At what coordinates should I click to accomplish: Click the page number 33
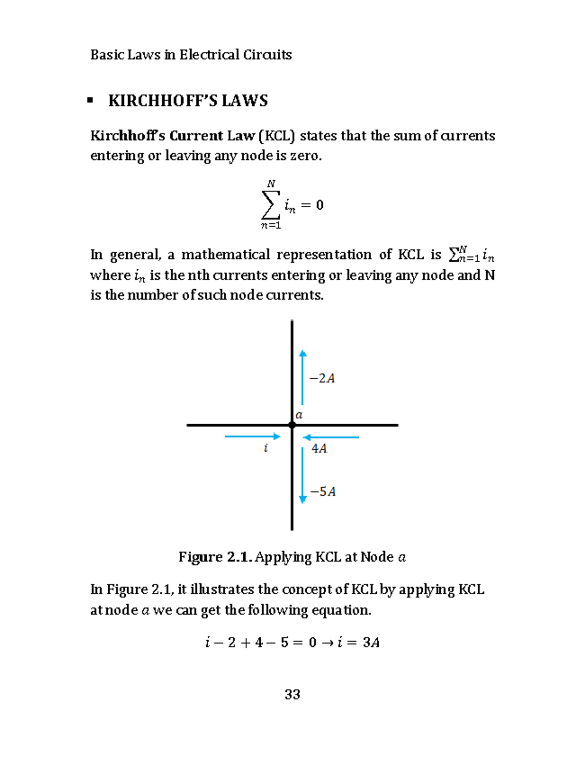292,694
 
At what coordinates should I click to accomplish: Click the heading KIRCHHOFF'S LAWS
188,101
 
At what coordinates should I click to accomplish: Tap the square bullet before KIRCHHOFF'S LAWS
90,100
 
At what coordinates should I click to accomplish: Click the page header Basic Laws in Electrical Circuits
191,55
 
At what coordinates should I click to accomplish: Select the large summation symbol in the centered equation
271,205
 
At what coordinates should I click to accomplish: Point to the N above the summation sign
272,184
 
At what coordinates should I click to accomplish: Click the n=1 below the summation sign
271,225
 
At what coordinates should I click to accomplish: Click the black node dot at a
292,425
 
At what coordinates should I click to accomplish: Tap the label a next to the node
299,415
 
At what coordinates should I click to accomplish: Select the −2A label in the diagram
322,378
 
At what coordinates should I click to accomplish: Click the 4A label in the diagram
319,449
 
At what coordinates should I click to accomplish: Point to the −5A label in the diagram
322,491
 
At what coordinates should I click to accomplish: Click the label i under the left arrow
266,448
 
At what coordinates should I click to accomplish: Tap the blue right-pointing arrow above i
253,436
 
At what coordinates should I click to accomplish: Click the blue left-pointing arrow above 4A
331,437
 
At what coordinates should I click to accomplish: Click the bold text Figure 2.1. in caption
215,557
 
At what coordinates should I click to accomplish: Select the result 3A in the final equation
371,643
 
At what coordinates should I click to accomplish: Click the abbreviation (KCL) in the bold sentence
277,136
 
